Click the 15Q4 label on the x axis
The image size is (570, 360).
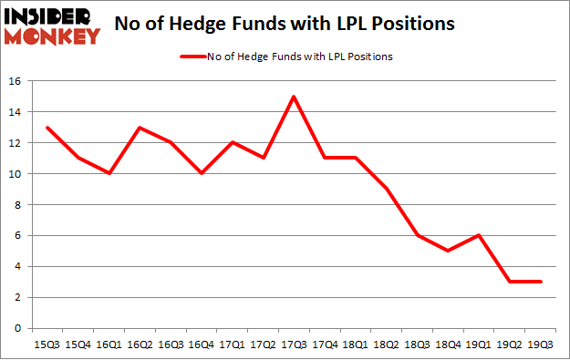coord(79,345)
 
